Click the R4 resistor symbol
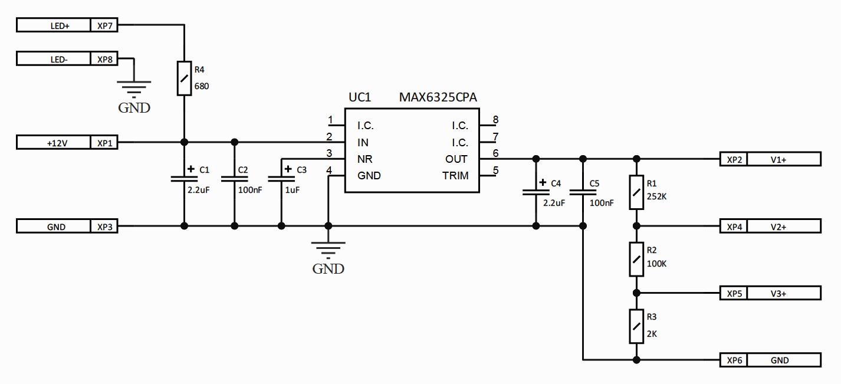coord(185,78)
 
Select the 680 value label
coord(202,86)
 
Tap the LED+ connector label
coord(60,26)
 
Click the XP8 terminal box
coord(104,59)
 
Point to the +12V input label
coord(57,143)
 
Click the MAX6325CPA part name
coord(438,97)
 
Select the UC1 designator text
coord(360,97)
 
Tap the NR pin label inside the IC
coord(364,159)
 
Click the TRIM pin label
coord(455,176)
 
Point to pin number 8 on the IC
coord(495,120)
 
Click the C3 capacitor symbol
coord(281,179)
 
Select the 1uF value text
coord(292,190)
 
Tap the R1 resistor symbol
coord(636,192)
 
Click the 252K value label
coord(656,196)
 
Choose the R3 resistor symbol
coord(636,326)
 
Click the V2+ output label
coord(778,227)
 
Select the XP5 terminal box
coord(734,293)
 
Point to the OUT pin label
coord(456,159)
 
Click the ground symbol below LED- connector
coord(134,89)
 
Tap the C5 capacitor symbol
coord(583,192)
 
